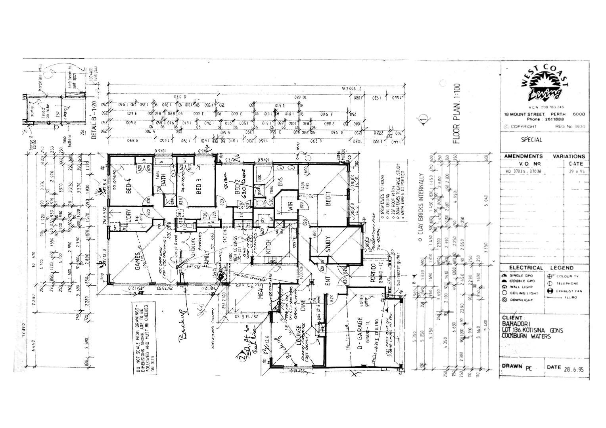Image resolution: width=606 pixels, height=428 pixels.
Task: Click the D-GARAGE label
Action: click(x=360, y=333)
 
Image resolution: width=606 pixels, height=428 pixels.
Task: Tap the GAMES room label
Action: click(x=138, y=262)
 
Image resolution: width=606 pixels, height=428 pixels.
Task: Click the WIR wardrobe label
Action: click(x=290, y=206)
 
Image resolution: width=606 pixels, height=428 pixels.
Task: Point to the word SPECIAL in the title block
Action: click(x=531, y=139)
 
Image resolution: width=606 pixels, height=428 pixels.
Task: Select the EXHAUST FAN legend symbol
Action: click(x=550, y=291)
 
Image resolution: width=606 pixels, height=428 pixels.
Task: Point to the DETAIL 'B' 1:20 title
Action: click(x=94, y=120)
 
